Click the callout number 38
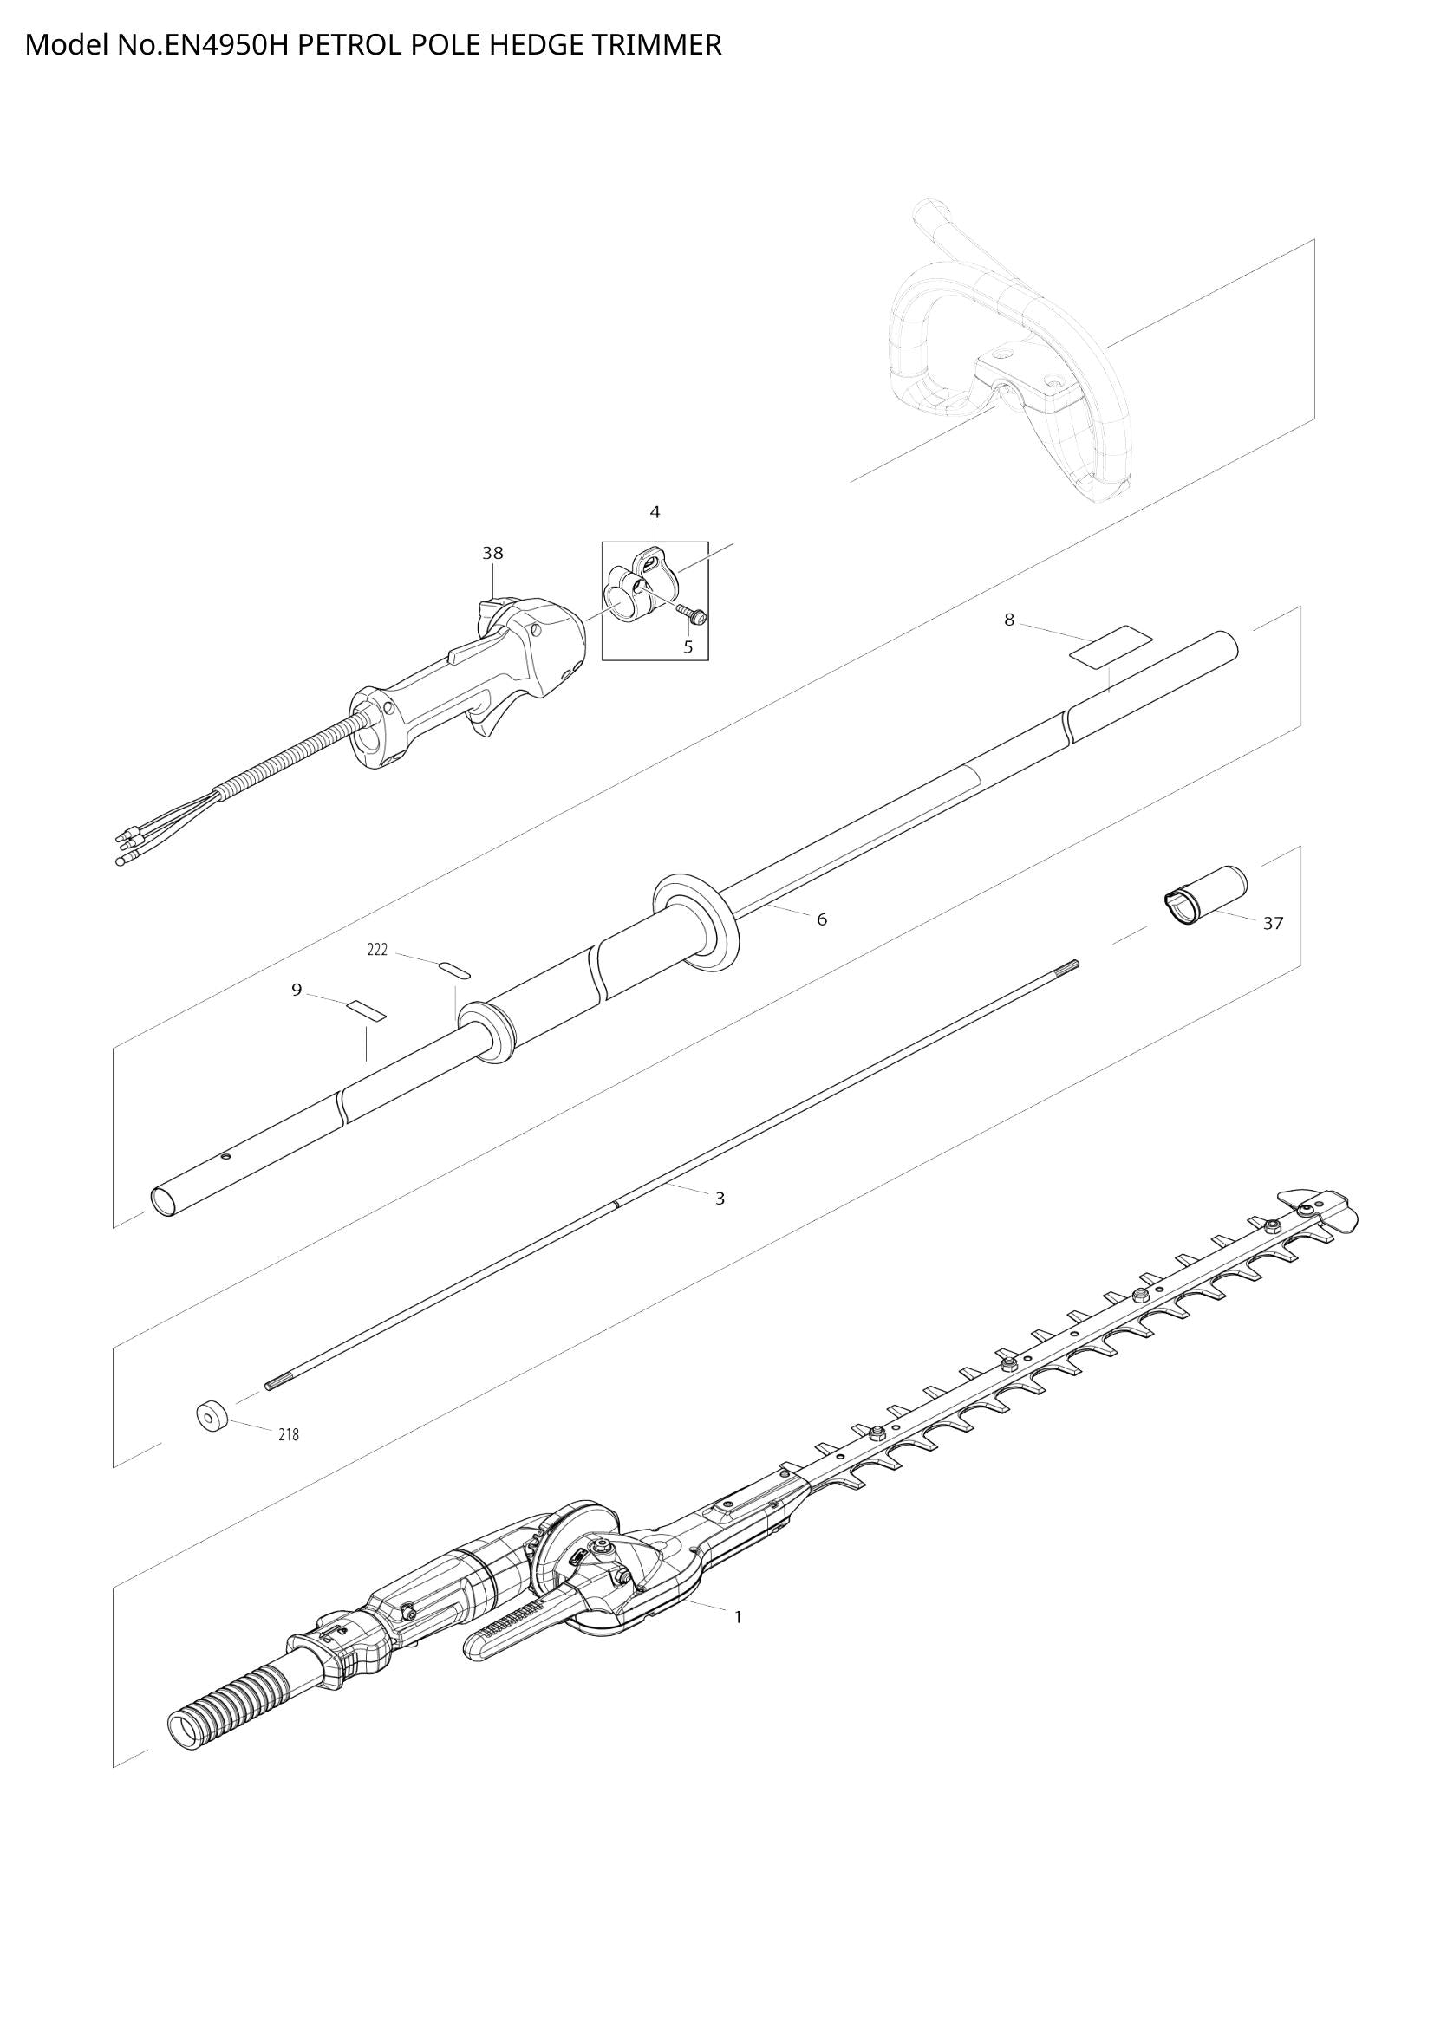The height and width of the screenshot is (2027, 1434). [492, 553]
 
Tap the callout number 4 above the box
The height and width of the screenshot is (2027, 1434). [655, 512]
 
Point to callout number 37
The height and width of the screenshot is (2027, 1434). [1273, 924]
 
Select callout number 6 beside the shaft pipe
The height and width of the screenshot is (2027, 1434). [821, 920]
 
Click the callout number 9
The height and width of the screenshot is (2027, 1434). [297, 990]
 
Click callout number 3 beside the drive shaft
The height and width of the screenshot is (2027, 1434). [720, 1199]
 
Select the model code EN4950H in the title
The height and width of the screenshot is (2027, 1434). [225, 44]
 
